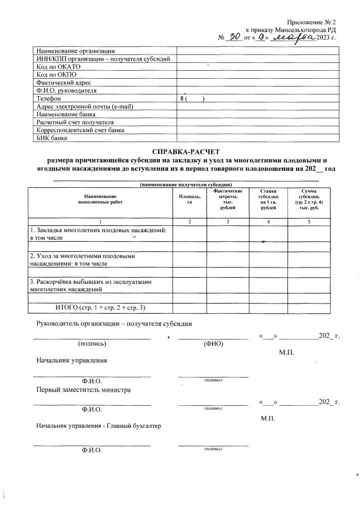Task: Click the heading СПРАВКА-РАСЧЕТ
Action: coord(185,152)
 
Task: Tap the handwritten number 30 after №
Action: coord(235,38)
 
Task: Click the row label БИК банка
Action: coord(52,137)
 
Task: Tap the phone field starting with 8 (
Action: coord(191,98)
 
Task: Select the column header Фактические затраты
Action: coord(228,200)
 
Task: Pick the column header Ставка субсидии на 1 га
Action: coord(268,200)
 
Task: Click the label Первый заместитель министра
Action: coord(84,389)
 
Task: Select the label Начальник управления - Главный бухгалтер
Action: coord(98,426)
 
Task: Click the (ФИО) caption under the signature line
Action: coord(213,344)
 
